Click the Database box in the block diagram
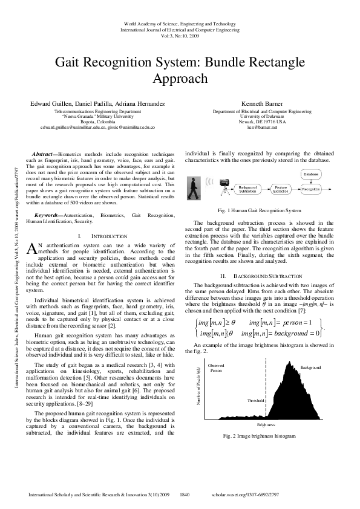[310, 174]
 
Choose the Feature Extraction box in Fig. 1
[281, 190]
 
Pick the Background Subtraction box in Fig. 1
[247, 190]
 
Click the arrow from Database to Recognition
[310, 181]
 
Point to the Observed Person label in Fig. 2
[216, 368]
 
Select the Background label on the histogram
[311, 367]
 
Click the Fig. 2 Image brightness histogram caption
[260, 436]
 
